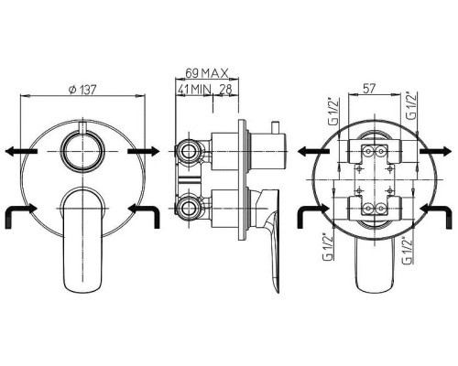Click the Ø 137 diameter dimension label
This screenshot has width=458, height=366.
[x=82, y=90]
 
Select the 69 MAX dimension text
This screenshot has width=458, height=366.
[x=207, y=73]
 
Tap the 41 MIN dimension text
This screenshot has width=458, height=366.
[x=195, y=90]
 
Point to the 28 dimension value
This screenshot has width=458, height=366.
[x=225, y=89]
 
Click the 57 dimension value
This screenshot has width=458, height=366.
[x=369, y=89]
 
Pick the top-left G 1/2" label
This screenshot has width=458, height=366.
[x=334, y=111]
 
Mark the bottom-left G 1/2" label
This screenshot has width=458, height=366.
[x=328, y=247]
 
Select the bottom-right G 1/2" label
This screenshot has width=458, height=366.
[x=408, y=250]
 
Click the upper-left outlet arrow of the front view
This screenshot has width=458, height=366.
[x=21, y=151]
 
